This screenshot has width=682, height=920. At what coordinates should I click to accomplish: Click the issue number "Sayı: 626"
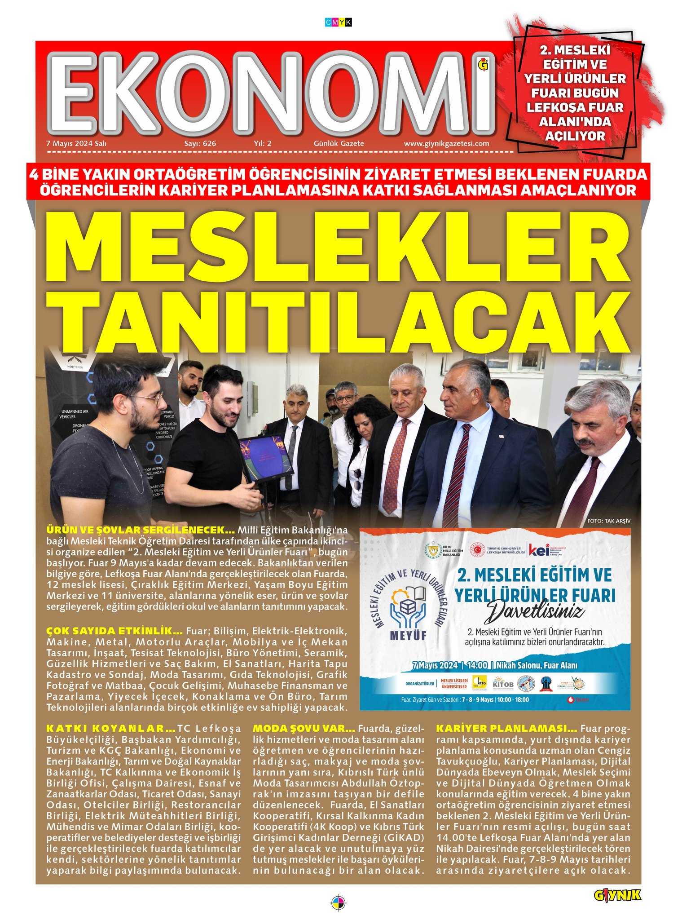click(200, 144)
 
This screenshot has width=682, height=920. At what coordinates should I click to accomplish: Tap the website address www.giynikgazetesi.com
click(446, 144)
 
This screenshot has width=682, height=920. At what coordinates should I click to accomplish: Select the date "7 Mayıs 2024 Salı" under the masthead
click(76, 144)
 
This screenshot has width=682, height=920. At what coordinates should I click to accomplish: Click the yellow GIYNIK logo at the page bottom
click(617, 895)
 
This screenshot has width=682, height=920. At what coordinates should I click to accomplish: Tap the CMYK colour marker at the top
click(338, 22)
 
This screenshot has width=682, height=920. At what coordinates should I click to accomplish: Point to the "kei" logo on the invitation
click(538, 550)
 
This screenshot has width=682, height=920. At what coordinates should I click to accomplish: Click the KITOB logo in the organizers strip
click(503, 684)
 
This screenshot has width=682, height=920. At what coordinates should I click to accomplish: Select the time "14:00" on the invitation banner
click(477, 665)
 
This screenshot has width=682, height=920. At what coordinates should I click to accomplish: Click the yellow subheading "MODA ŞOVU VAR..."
click(304, 728)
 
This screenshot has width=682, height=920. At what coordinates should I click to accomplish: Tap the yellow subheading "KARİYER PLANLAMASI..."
click(506, 728)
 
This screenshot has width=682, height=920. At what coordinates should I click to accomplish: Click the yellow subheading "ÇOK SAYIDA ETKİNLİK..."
click(114, 631)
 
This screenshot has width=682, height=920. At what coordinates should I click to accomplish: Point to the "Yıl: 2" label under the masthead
click(263, 144)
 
